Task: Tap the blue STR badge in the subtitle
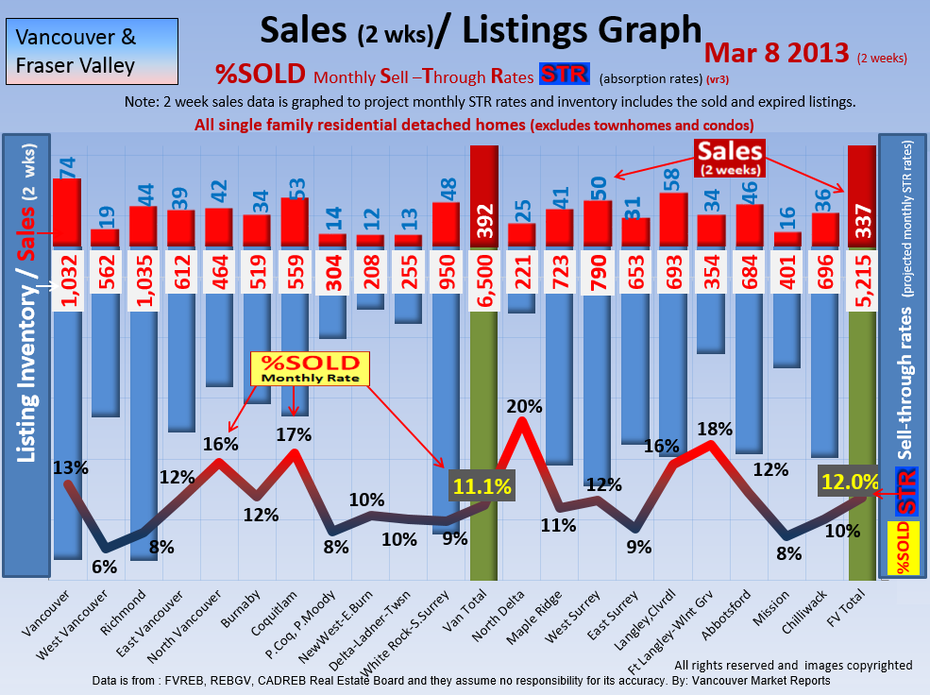[x=564, y=75]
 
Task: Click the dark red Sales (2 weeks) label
[x=730, y=157]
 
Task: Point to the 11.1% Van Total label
[x=482, y=487]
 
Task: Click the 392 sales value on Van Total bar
[x=483, y=223]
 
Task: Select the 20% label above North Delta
[x=524, y=407]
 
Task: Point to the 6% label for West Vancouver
[x=104, y=567]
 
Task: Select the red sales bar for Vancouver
[x=66, y=212]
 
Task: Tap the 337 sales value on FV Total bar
[x=862, y=223]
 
